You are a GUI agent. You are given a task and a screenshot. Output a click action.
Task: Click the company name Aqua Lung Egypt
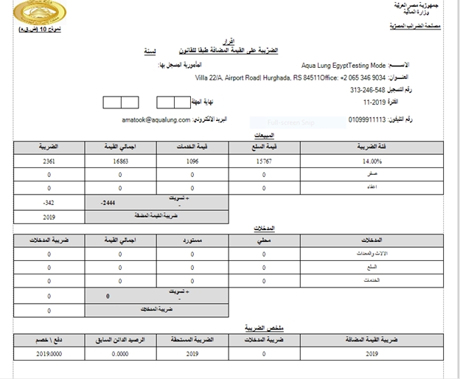tap(328, 66)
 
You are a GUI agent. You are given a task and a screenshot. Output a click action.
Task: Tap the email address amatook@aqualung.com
tap(156, 119)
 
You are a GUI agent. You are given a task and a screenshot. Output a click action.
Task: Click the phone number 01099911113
tap(373, 119)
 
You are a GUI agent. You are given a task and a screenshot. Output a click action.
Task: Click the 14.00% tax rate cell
tap(372, 161)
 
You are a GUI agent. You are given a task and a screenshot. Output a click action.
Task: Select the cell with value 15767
tap(263, 161)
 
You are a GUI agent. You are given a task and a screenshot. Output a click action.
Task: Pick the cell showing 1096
tap(192, 161)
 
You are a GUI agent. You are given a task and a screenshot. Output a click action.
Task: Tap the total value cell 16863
tap(121, 161)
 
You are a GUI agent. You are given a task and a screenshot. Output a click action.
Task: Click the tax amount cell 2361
tap(49, 161)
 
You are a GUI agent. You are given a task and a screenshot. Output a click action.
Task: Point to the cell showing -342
tap(49, 202)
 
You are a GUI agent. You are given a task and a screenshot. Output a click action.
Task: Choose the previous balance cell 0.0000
tap(121, 353)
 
